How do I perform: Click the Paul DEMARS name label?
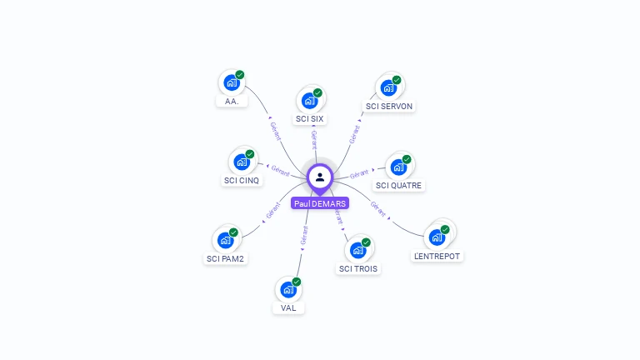(x=320, y=203)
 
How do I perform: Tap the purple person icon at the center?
(x=320, y=177)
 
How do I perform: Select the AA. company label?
(x=232, y=102)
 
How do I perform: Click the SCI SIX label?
(x=310, y=119)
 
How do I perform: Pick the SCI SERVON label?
(x=389, y=107)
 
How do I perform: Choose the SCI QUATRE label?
(x=399, y=186)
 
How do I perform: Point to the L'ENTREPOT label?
(x=437, y=256)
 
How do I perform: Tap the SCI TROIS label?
(x=358, y=269)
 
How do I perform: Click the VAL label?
(x=288, y=308)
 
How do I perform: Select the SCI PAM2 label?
(x=227, y=259)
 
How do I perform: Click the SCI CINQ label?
(x=242, y=181)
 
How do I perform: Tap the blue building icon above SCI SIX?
(x=309, y=101)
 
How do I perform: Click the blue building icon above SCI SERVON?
(x=388, y=87)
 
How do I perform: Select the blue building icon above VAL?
(x=288, y=290)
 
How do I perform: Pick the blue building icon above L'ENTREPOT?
(x=437, y=237)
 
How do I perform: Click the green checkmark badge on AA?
(x=240, y=75)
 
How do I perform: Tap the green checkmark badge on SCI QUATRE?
(x=407, y=159)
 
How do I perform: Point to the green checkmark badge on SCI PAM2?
(x=233, y=232)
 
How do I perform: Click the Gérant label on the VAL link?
(x=303, y=235)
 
